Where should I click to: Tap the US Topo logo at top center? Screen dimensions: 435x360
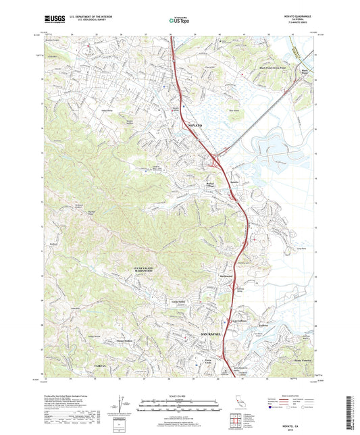pos(178,21)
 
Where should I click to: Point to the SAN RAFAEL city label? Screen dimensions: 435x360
pos(211,334)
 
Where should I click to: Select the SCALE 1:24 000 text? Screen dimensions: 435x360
pos(180,396)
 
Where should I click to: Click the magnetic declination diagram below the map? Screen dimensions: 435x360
pos(119,406)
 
